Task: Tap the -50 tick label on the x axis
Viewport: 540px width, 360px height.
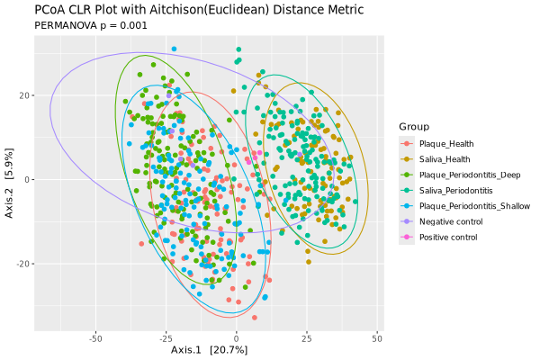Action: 96,338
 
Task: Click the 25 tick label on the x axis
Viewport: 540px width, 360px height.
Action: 306,338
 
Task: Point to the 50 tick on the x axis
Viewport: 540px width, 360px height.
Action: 376,338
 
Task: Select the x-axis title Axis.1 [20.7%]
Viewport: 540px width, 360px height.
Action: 209,349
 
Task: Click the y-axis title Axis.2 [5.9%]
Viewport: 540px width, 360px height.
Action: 9,180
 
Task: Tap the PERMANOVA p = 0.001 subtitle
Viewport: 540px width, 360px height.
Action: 90,26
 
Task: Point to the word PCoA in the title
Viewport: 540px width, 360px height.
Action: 50,10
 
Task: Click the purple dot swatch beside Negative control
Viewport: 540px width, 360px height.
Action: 407,221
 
